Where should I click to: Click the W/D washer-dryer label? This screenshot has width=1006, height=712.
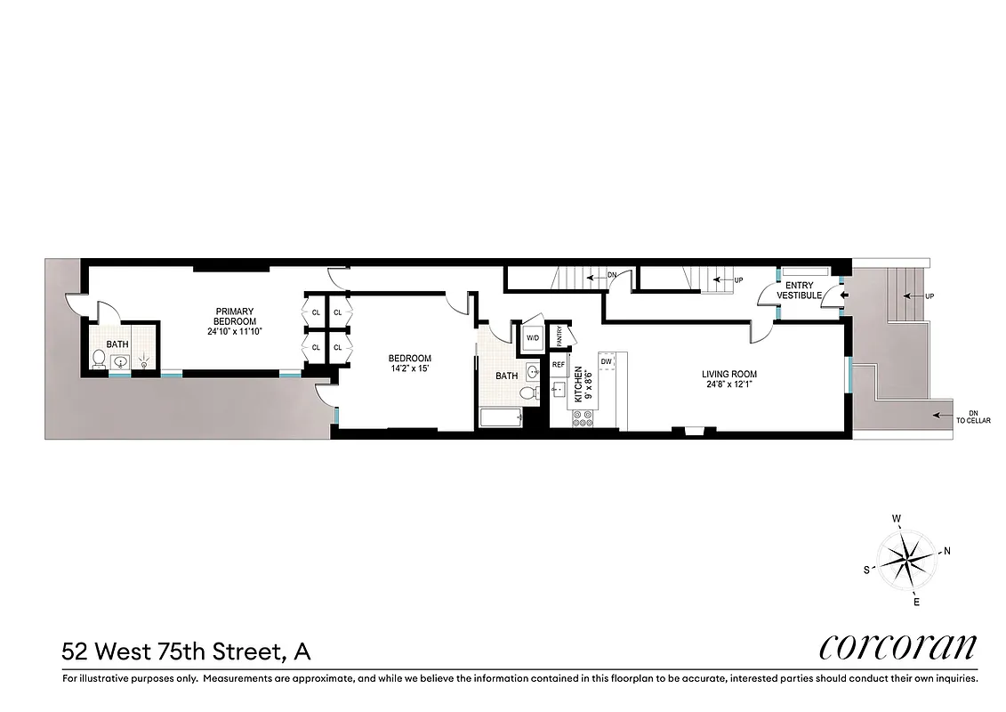(533, 338)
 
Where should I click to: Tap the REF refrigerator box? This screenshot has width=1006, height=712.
(559, 365)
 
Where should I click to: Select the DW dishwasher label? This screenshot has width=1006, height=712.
(606, 361)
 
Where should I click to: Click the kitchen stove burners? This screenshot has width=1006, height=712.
(583, 419)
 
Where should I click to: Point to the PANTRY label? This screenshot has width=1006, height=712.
(559, 336)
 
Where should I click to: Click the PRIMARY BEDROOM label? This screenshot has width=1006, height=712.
(235, 317)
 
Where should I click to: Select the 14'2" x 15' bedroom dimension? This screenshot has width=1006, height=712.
(410, 368)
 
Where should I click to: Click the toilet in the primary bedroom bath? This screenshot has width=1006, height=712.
(100, 360)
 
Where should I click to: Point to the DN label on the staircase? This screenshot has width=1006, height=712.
(612, 276)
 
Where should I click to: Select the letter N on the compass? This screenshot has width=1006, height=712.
(947, 551)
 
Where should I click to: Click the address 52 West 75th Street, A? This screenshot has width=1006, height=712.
(186, 651)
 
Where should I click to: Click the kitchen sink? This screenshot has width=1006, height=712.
(559, 388)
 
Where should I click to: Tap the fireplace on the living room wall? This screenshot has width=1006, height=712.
(693, 431)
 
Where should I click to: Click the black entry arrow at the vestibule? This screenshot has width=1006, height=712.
(844, 295)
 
